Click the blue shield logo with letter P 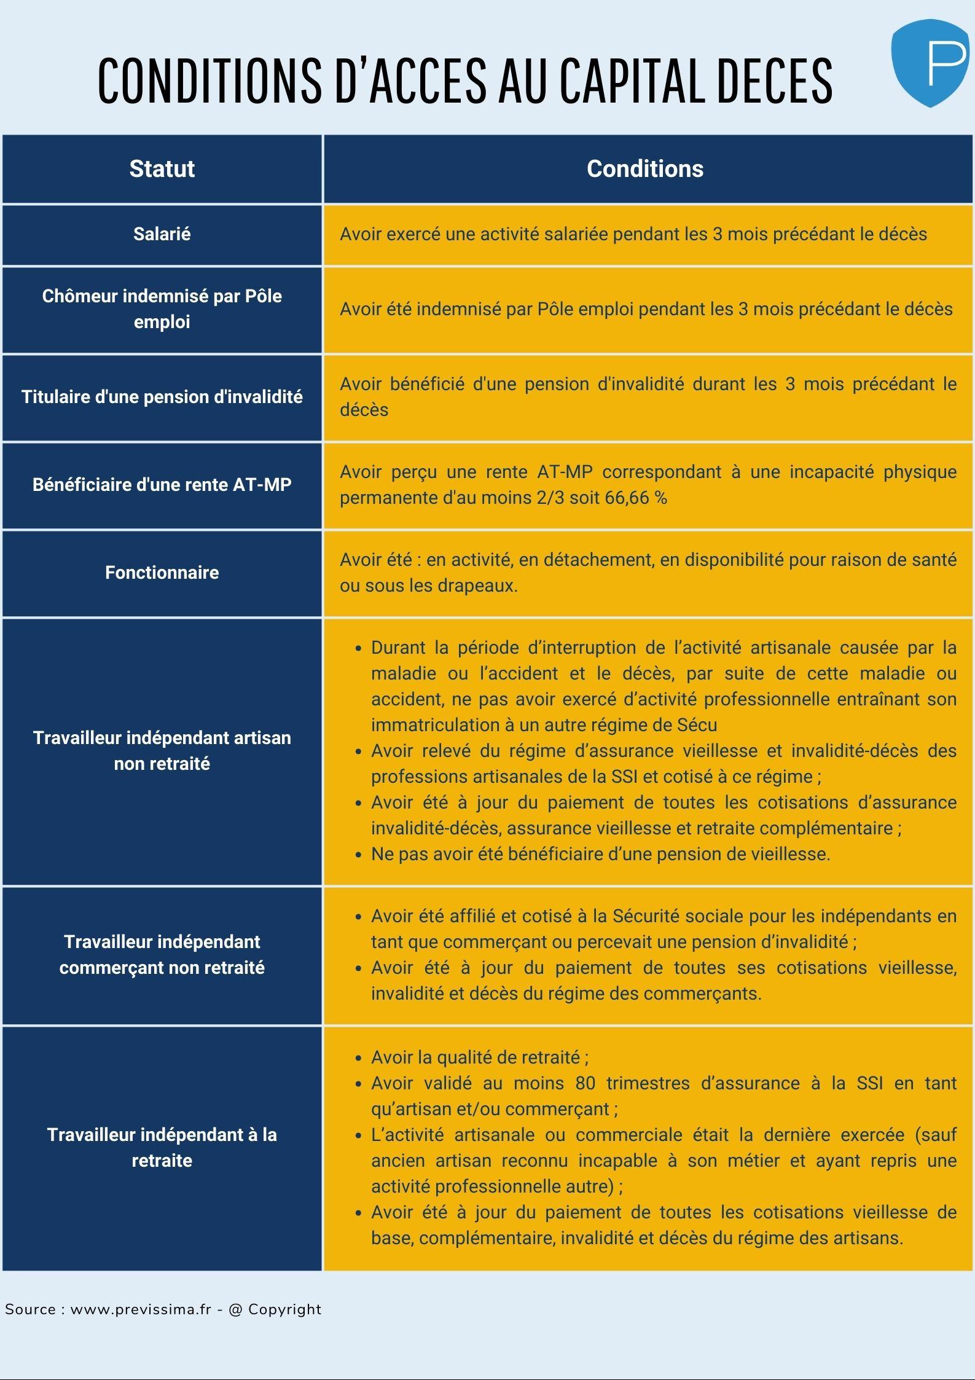[x=930, y=63]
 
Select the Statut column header [x=162, y=169]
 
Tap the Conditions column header [x=644, y=169]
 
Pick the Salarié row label [x=162, y=234]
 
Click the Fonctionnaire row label [x=162, y=573]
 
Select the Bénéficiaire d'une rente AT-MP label [x=162, y=485]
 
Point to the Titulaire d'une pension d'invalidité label [x=162, y=397]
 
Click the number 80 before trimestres [x=585, y=1083]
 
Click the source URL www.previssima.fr [x=141, y=1309]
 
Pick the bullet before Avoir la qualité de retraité [x=358, y=1058]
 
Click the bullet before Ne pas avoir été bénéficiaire [x=358, y=855]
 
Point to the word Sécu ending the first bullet [x=697, y=725]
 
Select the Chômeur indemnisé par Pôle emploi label [x=162, y=309]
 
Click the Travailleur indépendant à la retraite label [x=162, y=1147]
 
